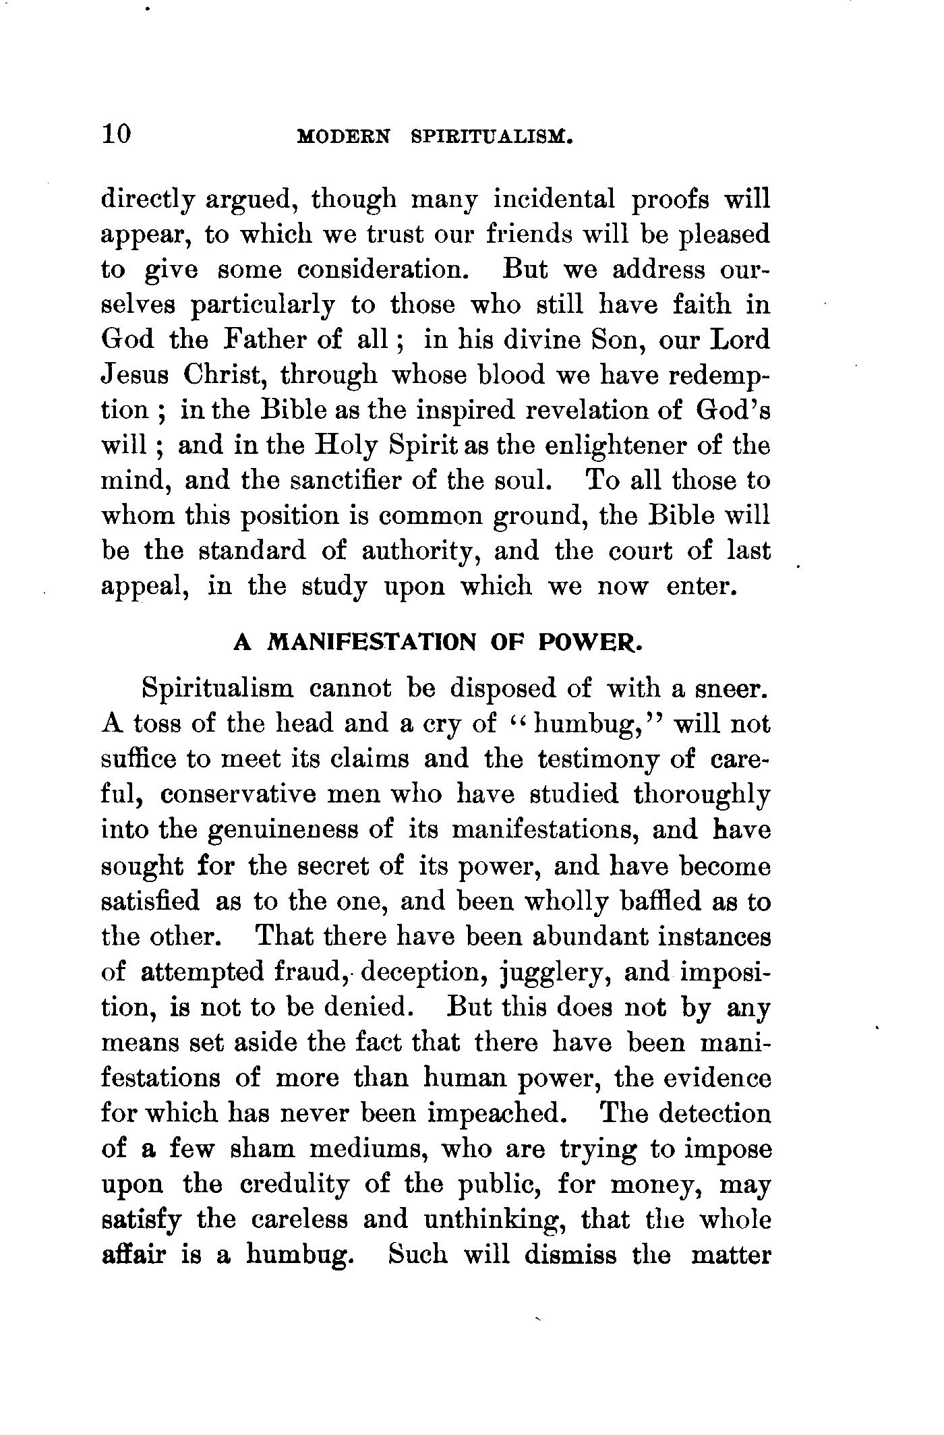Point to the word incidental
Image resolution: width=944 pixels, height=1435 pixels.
(554, 200)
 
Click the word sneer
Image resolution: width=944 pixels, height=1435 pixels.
(732, 689)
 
